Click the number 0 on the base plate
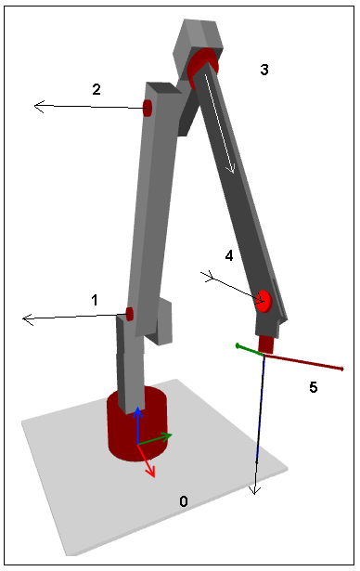pos(184,501)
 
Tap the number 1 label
pos(95,300)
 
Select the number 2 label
pos(96,89)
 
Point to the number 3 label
pos(264,70)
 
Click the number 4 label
pos(228,254)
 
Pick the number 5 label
pos(314,387)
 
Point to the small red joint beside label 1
pos(130,314)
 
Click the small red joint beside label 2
pos(147,108)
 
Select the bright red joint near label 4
pos(264,300)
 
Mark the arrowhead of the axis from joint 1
pos(27,319)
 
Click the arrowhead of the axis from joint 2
pos(39,107)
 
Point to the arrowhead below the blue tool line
pos(253,489)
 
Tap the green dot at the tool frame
pos(238,346)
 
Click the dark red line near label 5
pos(306,362)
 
